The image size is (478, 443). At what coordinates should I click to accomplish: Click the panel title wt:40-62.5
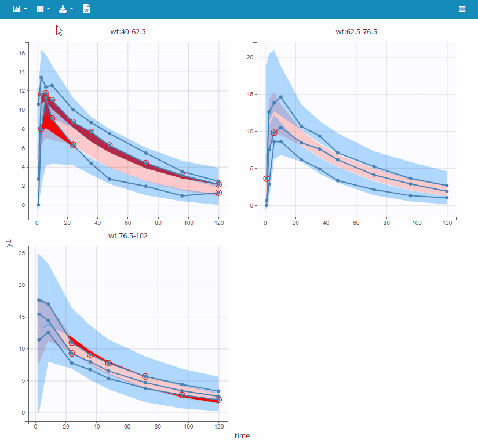coord(128,32)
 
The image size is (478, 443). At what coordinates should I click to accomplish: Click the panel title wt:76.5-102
coord(128,235)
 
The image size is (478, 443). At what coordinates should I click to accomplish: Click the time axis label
coord(242,435)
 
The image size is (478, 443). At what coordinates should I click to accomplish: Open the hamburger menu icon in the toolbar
coord(462,9)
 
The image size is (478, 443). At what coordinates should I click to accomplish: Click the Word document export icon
coord(86,9)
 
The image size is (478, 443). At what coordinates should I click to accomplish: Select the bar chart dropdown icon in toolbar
coord(20,9)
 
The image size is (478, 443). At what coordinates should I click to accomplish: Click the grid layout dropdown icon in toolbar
coord(42,9)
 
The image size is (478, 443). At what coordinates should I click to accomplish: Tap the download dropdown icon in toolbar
coord(65,9)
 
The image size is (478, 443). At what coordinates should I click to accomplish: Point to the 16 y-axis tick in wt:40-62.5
coord(22,53)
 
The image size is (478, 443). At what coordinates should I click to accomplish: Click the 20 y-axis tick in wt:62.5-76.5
coord(250,57)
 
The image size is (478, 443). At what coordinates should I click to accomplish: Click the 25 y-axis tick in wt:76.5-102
coord(22,253)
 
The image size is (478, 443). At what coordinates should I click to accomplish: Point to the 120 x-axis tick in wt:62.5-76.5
coord(447,223)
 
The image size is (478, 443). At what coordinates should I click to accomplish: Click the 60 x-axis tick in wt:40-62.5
coord(127,223)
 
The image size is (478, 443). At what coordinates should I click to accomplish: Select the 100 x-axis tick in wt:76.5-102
coord(188,427)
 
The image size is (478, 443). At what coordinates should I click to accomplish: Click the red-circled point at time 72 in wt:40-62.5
coord(146,163)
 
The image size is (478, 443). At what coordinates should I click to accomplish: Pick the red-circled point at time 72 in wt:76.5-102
coord(145,377)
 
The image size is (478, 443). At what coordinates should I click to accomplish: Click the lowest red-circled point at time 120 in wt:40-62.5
coord(218,193)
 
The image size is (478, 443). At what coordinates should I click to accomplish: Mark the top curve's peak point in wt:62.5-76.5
coord(281,97)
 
